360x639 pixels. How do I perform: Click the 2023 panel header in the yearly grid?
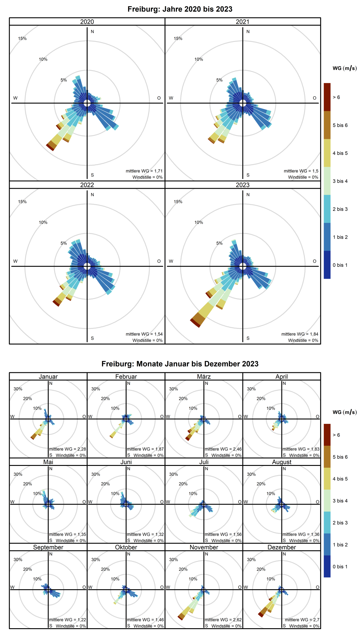(242, 185)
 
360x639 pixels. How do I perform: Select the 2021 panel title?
(242, 22)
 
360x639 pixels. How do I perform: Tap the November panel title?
(204, 547)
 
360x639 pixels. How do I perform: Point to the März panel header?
(204, 376)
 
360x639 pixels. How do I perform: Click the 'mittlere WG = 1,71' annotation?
(144, 171)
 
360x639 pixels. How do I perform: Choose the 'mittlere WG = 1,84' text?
(300, 334)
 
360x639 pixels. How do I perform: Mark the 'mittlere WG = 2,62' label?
(223, 619)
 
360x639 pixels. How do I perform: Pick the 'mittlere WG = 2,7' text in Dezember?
(302, 619)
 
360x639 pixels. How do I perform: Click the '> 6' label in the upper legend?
(336, 97)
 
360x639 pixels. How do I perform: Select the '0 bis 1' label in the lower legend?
(340, 566)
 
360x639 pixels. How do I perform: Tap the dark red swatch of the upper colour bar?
(327, 97)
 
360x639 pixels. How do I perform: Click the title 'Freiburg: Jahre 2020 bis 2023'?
(180, 9)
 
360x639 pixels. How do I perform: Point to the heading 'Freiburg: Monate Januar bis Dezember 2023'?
(180, 364)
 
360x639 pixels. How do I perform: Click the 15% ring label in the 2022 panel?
(22, 202)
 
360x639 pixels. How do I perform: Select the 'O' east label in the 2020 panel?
(159, 98)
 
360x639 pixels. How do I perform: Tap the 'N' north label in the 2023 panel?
(248, 195)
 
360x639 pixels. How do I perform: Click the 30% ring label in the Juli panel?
(173, 474)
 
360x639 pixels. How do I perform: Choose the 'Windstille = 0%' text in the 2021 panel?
(303, 177)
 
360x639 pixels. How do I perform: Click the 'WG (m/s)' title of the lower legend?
(345, 412)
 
